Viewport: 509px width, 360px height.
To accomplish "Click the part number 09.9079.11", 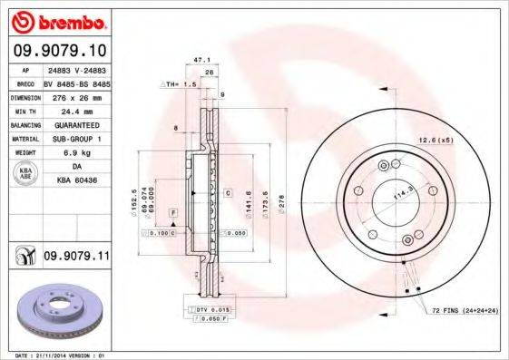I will (75, 258).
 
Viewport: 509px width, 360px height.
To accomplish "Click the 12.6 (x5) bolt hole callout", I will (436, 139).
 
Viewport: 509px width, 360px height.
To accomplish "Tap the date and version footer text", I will (56, 355).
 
